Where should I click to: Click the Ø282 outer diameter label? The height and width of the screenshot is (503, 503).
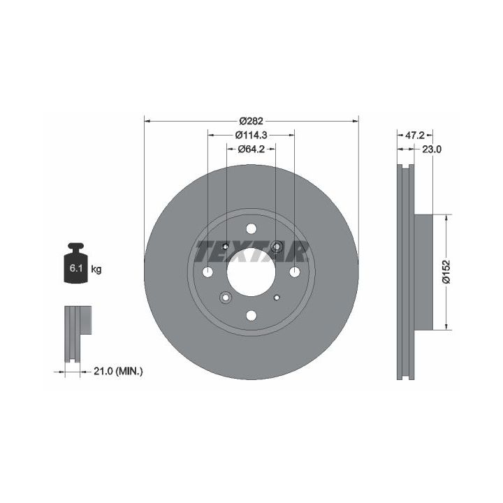coord(251,121)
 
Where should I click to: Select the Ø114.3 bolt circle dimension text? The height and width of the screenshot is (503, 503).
coord(251,135)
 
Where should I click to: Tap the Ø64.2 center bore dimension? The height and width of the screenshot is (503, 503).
coord(251,150)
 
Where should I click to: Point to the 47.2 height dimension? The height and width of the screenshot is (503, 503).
coord(415,136)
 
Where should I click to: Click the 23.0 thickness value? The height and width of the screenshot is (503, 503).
coord(432,150)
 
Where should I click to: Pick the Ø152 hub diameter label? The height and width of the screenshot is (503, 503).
coord(446,272)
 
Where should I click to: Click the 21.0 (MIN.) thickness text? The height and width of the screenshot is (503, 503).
coord(118,372)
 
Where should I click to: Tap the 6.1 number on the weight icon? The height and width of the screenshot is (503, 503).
coord(76,268)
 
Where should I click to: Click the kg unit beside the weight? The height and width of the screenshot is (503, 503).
coord(96,269)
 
